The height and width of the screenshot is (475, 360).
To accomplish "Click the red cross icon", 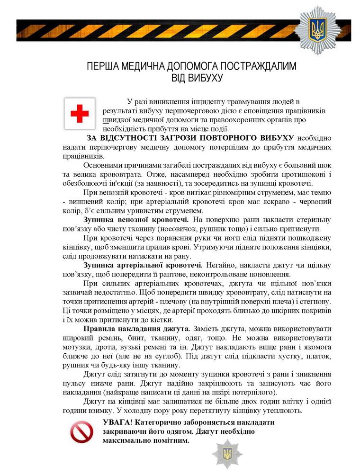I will (80, 113).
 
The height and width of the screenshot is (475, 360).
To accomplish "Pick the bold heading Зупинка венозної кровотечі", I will (136, 220).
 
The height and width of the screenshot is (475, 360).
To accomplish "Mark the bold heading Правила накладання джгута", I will (137, 329).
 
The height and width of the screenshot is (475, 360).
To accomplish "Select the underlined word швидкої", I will (115, 120).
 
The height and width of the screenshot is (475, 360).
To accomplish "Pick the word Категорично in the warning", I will (155, 422).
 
